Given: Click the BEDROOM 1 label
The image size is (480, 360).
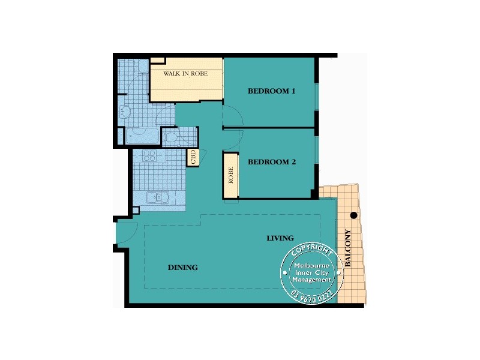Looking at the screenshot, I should coord(272,92).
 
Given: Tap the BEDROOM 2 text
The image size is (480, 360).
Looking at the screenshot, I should coord(272,162).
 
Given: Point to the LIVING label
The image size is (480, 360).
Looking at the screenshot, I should coord(280,238).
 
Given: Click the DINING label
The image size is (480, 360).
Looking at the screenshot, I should coord(182,268).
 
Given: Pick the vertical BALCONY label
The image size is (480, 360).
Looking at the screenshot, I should coord(348,248).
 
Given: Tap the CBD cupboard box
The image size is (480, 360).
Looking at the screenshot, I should coord(193,158).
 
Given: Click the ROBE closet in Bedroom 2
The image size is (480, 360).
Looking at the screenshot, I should coord(230,175).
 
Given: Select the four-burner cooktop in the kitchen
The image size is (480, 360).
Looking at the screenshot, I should coord(149,156).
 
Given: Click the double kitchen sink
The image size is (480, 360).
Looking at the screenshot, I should coord(157,197).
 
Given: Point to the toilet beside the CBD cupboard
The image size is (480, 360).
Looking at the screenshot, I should coord(171,139).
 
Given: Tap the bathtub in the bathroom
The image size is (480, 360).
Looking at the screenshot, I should coord(142,137).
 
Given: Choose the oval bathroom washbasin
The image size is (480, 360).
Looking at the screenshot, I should coord(125,111).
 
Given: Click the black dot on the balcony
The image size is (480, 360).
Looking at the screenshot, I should coord(354,215).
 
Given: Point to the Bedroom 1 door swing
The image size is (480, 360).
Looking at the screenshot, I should coord(232,114).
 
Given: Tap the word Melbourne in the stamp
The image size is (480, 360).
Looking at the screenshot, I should coord(311,265).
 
